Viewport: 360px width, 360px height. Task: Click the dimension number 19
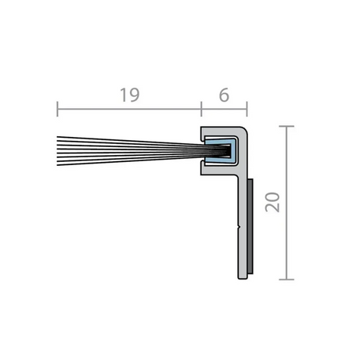[130, 95]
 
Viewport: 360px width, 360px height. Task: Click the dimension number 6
[224, 95]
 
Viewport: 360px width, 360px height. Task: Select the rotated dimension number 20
[272, 202]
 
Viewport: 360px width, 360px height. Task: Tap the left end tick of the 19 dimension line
[57, 109]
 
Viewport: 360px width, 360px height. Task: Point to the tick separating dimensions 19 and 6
[201, 109]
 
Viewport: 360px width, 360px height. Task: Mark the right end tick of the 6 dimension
[247, 109]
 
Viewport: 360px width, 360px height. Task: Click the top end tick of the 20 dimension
[286, 127]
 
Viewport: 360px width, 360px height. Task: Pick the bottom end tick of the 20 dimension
[286, 279]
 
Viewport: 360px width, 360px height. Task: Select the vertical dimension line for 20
[286, 203]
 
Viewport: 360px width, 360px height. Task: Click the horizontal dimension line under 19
[129, 109]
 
